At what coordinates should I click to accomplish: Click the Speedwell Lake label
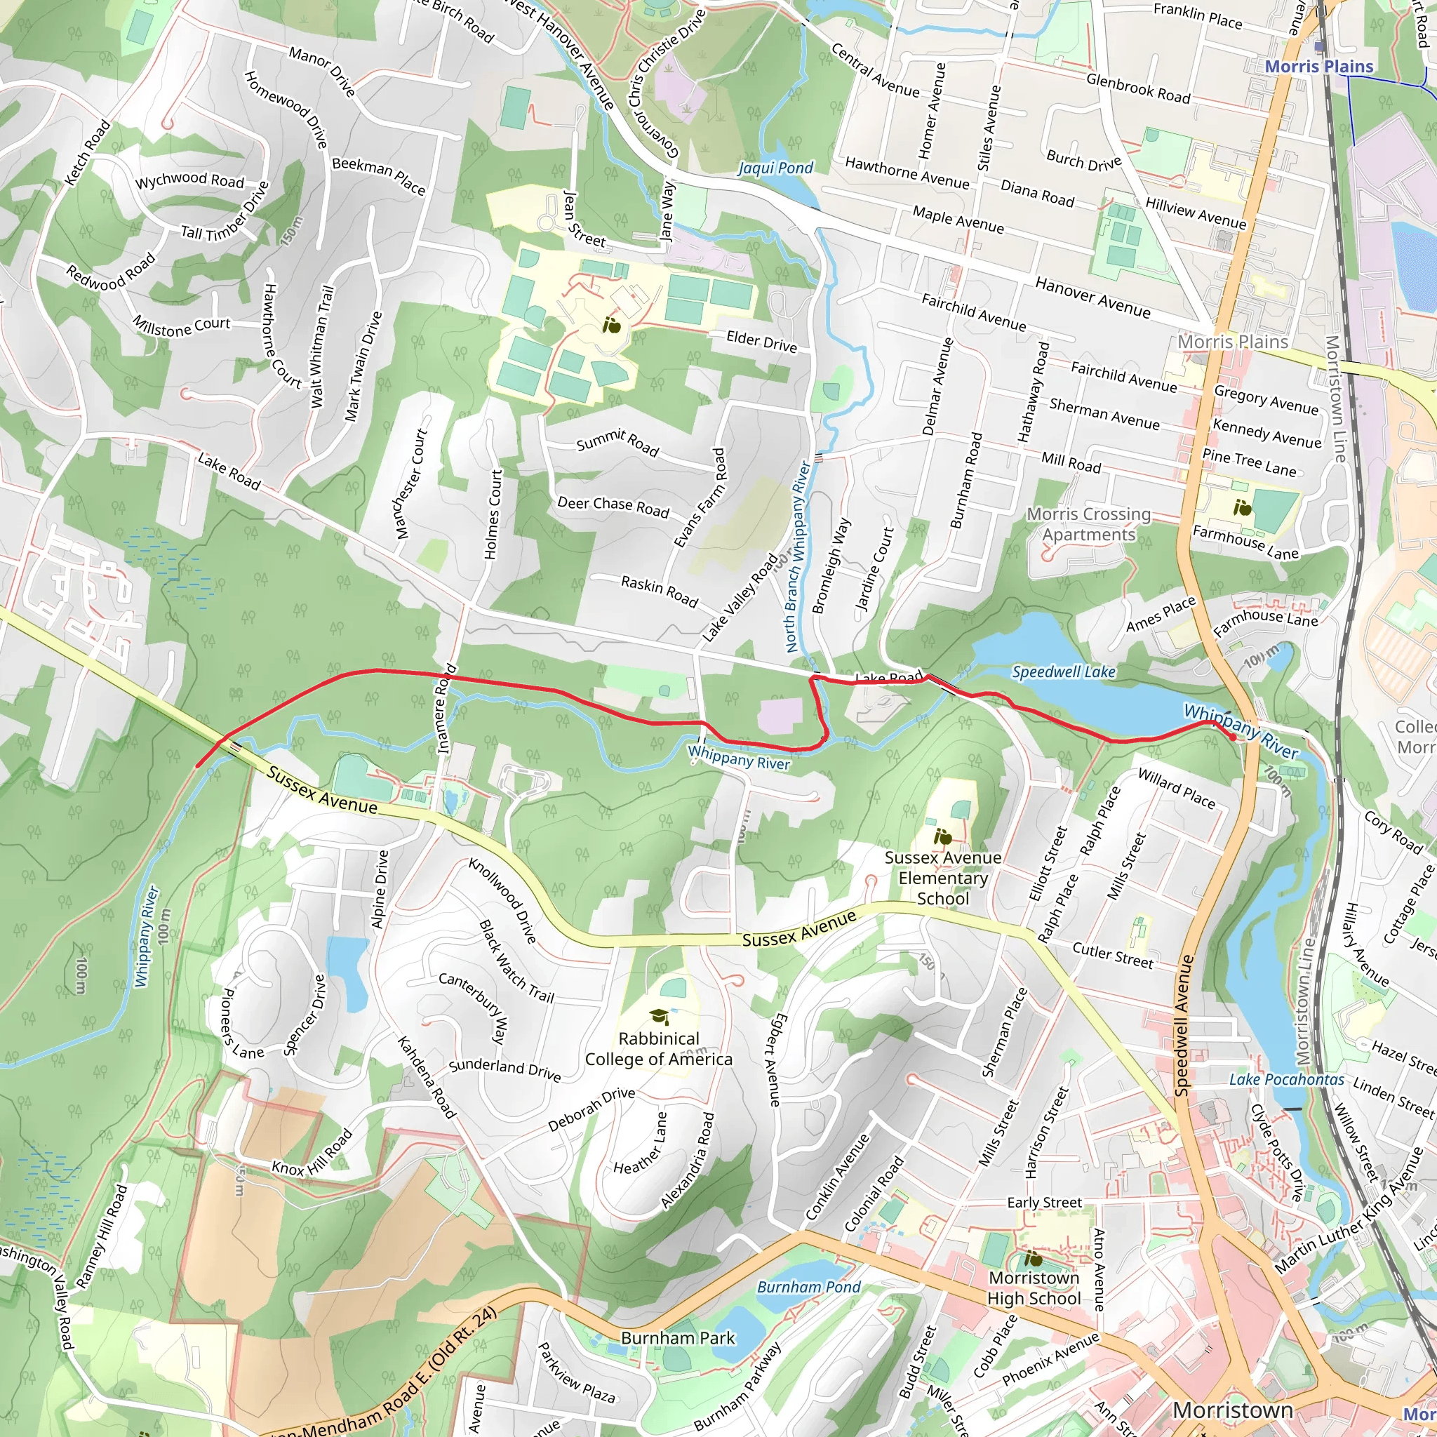click(x=1063, y=672)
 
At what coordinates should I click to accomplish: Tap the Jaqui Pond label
click(x=775, y=168)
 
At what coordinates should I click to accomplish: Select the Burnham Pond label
click(x=808, y=1287)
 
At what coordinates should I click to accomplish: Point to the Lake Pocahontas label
click(x=1287, y=1079)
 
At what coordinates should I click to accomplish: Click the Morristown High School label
click(x=1034, y=1288)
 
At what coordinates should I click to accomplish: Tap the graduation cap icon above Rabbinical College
click(x=658, y=1016)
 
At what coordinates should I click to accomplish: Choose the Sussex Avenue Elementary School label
click(x=942, y=878)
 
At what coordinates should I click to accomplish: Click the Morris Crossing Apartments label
click(x=1088, y=524)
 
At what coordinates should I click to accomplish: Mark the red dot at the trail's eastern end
click(x=1232, y=737)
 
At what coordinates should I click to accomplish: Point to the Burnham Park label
click(x=678, y=1338)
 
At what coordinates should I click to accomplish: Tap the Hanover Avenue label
click(x=1092, y=297)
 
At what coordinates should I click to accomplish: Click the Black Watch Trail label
click(x=516, y=961)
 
